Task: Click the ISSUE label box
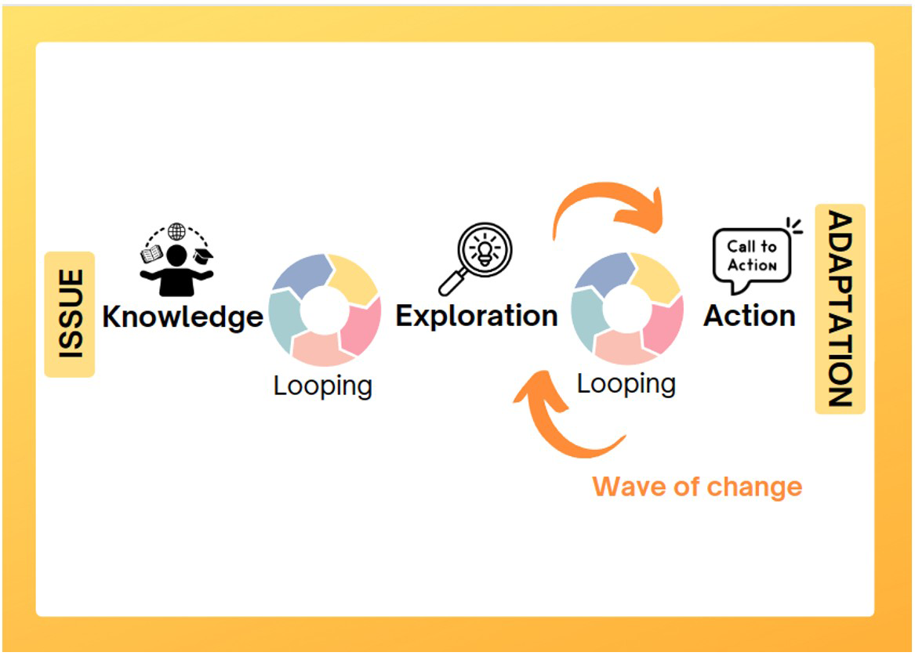click(x=70, y=314)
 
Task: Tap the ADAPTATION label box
click(x=840, y=309)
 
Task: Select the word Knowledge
click(x=183, y=317)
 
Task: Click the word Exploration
click(x=477, y=317)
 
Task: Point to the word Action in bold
click(x=750, y=316)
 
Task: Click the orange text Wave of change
click(x=697, y=487)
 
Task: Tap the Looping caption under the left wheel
click(x=323, y=386)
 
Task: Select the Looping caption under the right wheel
click(x=626, y=384)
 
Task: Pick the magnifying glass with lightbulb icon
click(x=476, y=259)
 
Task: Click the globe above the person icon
click(x=176, y=231)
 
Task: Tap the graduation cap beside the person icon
click(x=203, y=256)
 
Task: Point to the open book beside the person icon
click(x=152, y=254)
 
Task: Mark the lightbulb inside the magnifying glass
click(x=485, y=252)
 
